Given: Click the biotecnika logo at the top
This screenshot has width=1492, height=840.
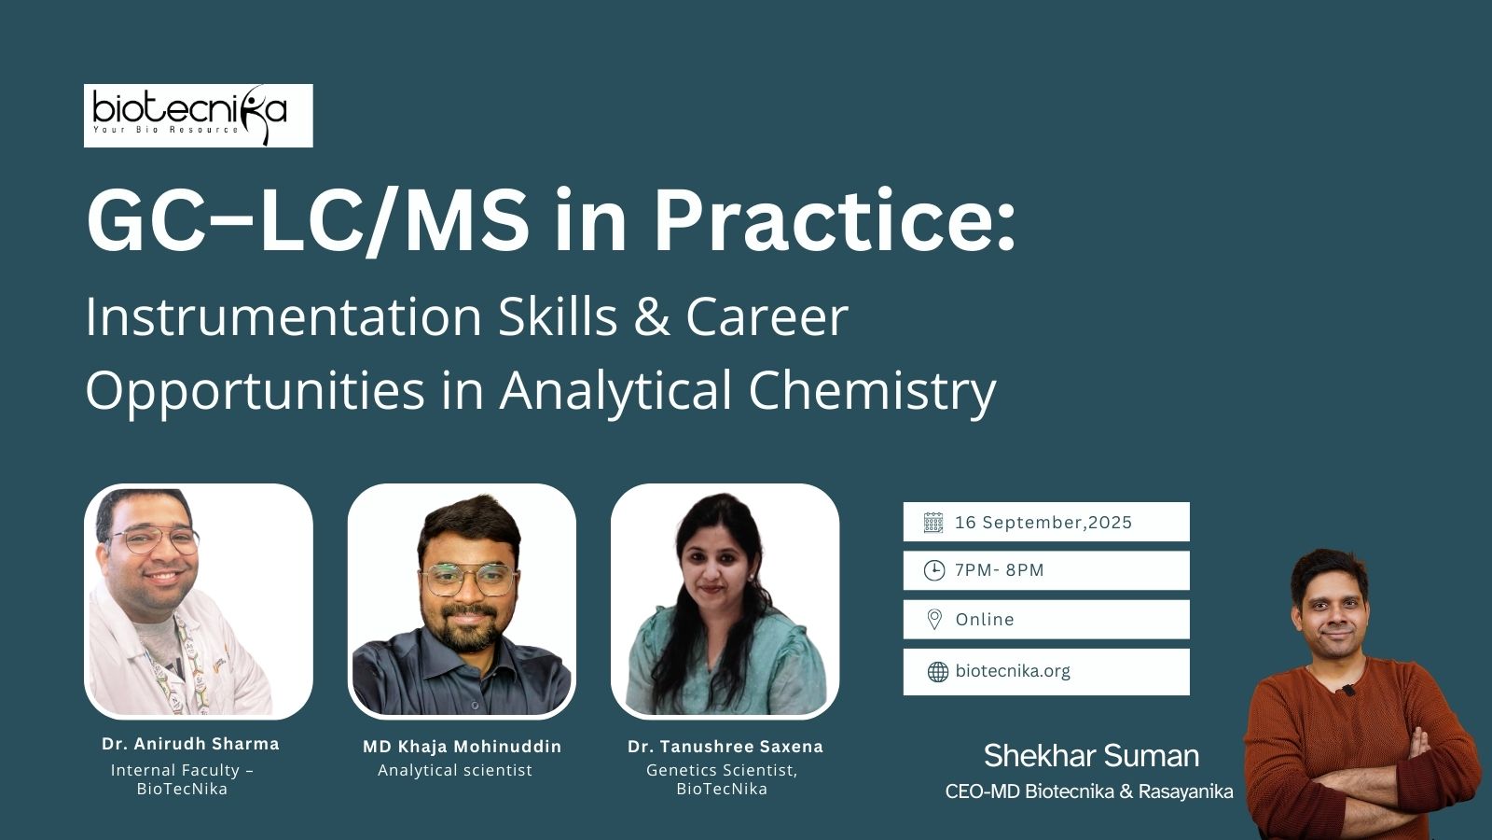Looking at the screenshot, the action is tap(198, 116).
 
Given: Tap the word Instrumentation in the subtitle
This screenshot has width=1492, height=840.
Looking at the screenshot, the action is tap(283, 317).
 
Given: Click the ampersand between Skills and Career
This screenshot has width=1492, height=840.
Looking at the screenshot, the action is tap(652, 317).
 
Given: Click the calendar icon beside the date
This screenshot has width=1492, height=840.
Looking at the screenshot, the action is tap(933, 523).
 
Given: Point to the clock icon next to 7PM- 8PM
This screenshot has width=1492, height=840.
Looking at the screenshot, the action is tap(933, 570).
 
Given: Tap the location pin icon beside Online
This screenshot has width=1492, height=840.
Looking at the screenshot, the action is tap(934, 620).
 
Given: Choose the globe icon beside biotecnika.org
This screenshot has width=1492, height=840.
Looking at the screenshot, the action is tap(938, 672).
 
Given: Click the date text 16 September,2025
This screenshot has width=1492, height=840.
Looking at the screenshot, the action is tap(1043, 523).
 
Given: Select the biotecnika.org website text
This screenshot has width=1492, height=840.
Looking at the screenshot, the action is tap(1013, 671).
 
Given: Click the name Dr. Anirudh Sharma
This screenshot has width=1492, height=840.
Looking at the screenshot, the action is tap(190, 744).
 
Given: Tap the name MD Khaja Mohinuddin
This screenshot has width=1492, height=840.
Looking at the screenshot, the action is tap(463, 747).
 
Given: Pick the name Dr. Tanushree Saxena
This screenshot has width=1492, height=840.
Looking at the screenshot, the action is tap(725, 747).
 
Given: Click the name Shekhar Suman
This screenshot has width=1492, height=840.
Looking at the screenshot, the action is tap(1092, 756).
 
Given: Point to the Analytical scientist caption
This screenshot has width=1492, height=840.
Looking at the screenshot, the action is tap(455, 771).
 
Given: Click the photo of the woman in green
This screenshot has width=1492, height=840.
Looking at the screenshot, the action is tap(725, 601).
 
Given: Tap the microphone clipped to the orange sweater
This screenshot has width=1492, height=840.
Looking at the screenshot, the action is tap(1348, 690).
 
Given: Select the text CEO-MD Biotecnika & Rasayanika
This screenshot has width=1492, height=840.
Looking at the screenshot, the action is tap(1089, 792).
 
